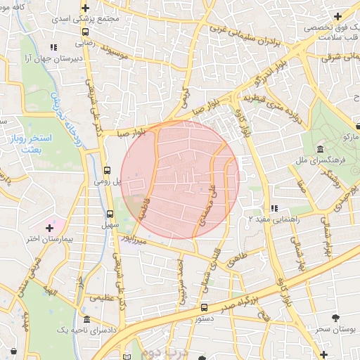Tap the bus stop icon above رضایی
(85, 32)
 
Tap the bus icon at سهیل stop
(110, 214)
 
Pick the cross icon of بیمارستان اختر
(49, 228)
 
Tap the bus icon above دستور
(204, 307)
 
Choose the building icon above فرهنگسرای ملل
(320, 150)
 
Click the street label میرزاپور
(134, 239)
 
